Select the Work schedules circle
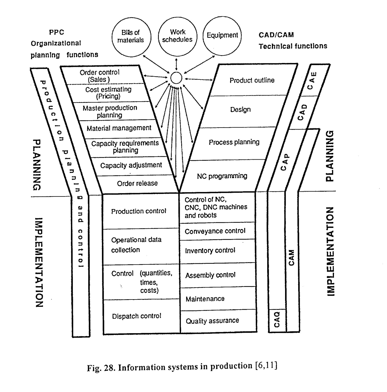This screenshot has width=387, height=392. pos(177,36)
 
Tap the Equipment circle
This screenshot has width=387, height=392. pos(222,36)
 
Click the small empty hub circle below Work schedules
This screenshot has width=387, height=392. pos(176,78)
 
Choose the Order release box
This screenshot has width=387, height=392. pos(137,183)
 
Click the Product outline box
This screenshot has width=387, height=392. pos(252,81)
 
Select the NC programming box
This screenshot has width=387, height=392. pos(222,176)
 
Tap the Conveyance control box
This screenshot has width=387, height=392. pos(215,231)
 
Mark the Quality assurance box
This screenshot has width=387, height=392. pos(212,321)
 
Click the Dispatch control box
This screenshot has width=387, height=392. pos(137,316)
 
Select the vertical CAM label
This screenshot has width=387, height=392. pos(291,257)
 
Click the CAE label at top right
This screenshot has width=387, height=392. pos(312,81)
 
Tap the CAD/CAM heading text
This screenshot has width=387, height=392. pos(276,35)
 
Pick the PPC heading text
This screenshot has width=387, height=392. pos(57,32)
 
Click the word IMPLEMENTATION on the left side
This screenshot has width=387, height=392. pos(39,262)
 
